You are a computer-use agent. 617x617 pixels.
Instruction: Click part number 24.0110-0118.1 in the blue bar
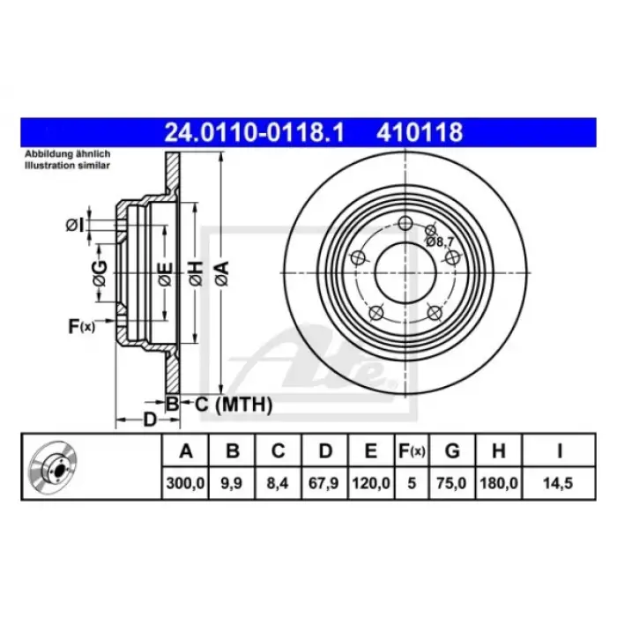pos(254,132)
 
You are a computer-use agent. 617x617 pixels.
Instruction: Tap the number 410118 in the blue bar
pos(420,132)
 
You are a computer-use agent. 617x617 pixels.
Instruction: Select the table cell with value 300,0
pos(185,483)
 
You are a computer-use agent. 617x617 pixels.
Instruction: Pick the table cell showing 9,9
pos(231,483)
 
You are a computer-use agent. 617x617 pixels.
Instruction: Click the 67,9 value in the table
pos(323,483)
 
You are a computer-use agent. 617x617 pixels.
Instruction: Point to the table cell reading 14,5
pos(558,483)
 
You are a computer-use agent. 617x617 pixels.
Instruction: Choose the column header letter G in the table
pos(452,451)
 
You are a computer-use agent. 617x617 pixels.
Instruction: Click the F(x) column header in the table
pos(412,451)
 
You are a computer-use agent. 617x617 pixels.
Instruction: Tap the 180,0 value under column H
pos(499,483)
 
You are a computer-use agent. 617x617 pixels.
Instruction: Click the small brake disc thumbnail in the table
pos(53,467)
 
